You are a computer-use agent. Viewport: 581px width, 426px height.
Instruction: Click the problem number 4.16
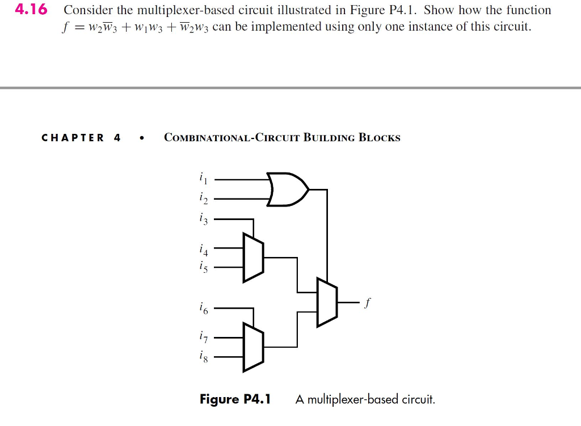[x=32, y=10]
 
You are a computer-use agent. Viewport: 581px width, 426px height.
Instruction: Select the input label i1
[x=203, y=180]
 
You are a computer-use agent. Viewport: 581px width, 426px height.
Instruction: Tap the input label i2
[x=203, y=199]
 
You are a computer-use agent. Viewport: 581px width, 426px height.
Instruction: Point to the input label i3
[x=203, y=219]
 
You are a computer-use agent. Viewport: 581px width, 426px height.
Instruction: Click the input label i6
[x=203, y=309]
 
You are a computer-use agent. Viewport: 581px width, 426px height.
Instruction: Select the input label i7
[x=203, y=338]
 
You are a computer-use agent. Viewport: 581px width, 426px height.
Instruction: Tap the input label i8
[x=203, y=357]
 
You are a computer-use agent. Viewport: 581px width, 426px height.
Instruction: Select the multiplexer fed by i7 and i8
[x=252, y=347]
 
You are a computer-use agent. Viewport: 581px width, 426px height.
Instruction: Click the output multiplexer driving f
[x=327, y=302]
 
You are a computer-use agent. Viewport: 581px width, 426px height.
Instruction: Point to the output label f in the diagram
[x=368, y=303]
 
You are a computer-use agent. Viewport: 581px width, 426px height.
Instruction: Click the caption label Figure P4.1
[x=235, y=399]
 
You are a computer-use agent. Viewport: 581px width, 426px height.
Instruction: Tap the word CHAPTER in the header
[x=73, y=138]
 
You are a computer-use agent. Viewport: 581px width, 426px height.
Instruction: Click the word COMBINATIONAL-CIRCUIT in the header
[x=231, y=138]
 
